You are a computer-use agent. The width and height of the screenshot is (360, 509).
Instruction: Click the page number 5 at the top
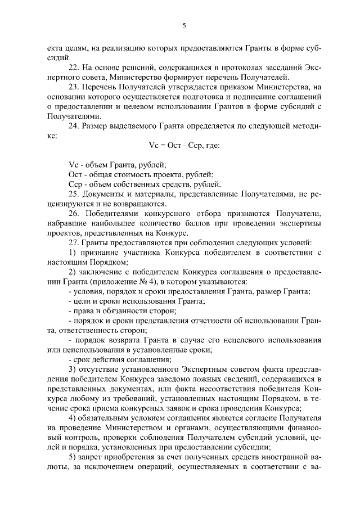tap(184, 25)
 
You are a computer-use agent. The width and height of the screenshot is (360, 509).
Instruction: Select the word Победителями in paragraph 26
tap(112, 214)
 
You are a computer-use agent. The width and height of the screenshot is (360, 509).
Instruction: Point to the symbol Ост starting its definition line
tap(74, 175)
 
